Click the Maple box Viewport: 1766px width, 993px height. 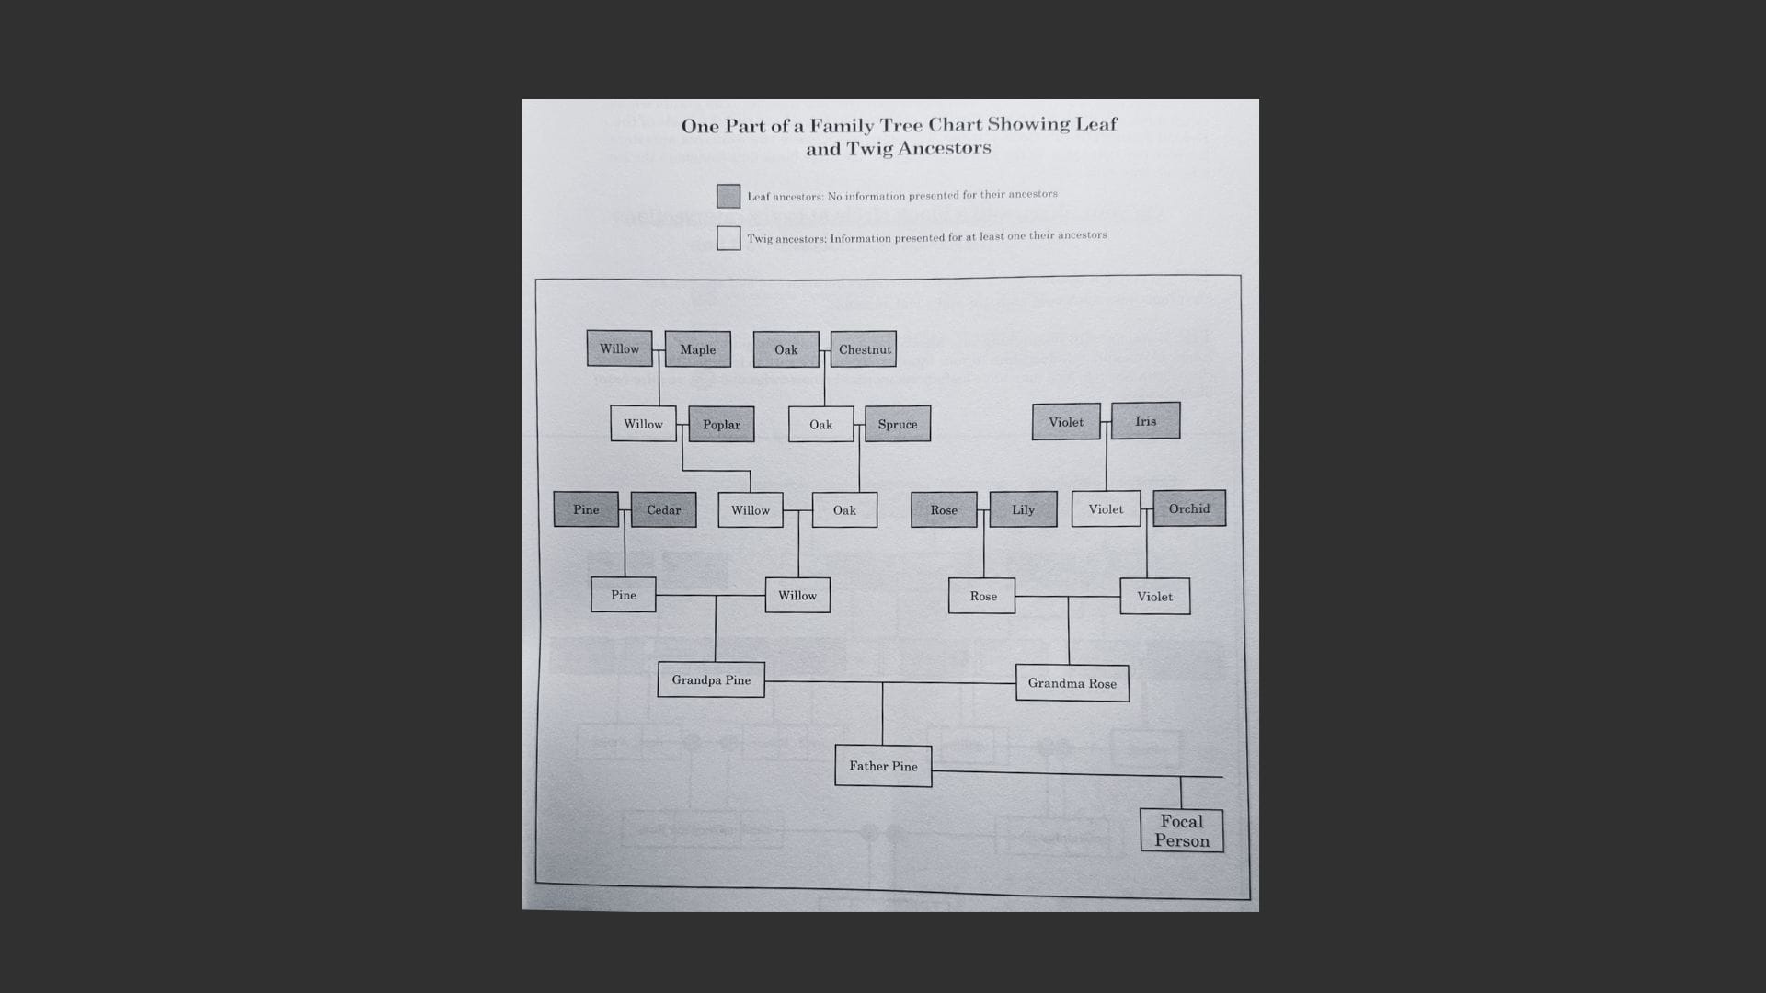[x=697, y=349]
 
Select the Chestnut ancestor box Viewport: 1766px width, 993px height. [x=864, y=349]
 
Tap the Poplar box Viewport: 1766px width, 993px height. [x=721, y=424]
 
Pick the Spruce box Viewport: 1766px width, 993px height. [x=897, y=424]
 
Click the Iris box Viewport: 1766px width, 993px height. [x=1145, y=421]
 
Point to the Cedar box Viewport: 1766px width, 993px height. [x=663, y=509]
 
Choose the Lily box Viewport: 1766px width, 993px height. [x=1023, y=509]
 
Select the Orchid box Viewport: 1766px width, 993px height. [x=1189, y=508]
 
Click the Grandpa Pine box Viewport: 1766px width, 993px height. [x=711, y=679]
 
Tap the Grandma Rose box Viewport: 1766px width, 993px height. [x=1072, y=683]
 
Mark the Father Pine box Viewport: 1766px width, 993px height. [x=883, y=766]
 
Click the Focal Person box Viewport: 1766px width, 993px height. [x=1182, y=830]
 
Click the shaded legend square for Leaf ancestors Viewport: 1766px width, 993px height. [x=728, y=196]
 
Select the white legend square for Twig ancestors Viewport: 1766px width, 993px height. [x=728, y=238]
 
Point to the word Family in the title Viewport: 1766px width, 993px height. [x=842, y=125]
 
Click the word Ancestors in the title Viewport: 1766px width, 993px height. [x=945, y=148]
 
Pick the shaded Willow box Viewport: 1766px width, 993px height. [x=619, y=348]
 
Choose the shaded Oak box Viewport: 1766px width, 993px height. [x=786, y=349]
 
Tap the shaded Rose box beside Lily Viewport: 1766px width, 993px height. [x=944, y=509]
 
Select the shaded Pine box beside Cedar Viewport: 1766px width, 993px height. [x=586, y=509]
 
